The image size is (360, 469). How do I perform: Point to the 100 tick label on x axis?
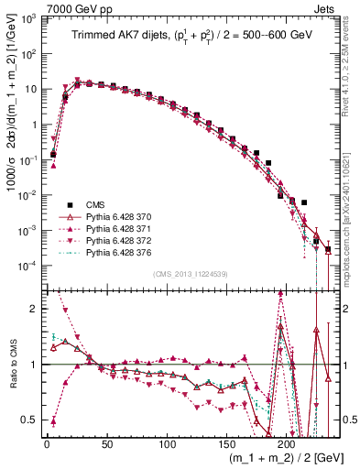[167, 444]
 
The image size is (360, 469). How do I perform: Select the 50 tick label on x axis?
[106, 444]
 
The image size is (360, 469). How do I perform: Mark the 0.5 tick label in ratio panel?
[31, 420]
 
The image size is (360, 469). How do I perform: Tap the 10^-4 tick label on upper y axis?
[29, 266]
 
